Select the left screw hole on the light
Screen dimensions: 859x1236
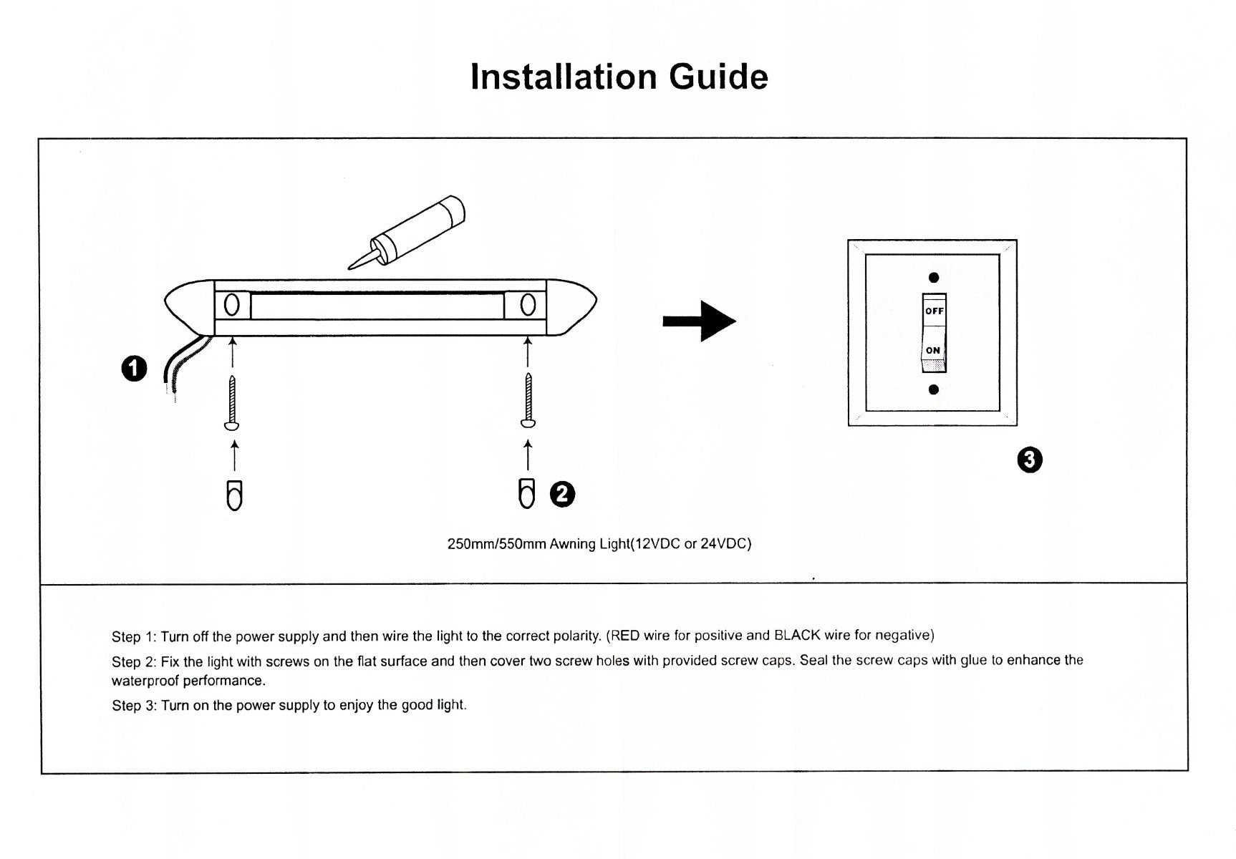[x=232, y=305]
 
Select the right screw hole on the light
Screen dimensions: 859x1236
[x=528, y=305]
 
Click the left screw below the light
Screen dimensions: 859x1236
[x=232, y=401]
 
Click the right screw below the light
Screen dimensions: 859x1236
[x=528, y=399]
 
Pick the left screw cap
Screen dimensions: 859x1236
[x=234, y=495]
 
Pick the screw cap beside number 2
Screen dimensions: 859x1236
[x=526, y=493]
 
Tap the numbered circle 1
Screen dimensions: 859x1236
[x=134, y=369]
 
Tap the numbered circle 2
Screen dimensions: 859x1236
[x=562, y=494]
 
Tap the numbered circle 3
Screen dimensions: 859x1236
[x=1030, y=460]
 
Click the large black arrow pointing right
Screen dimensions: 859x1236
[x=699, y=321]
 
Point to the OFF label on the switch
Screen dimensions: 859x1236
[x=934, y=311]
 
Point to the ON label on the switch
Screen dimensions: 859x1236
[x=932, y=350]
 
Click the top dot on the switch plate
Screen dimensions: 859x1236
[x=933, y=278]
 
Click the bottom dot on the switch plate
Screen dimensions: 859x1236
[x=933, y=389]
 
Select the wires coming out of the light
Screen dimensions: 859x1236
[x=179, y=365]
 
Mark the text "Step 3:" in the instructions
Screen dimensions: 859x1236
[x=134, y=706]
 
